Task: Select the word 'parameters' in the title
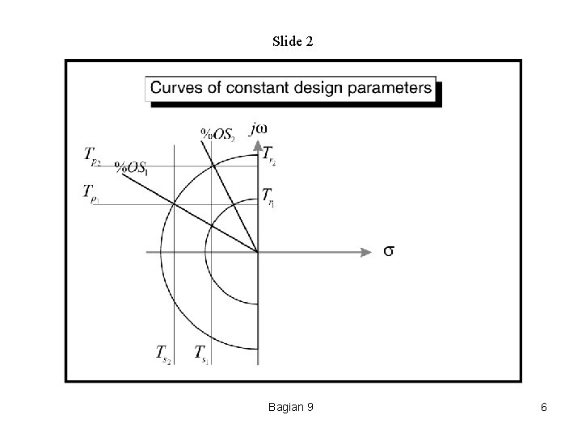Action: [x=394, y=88]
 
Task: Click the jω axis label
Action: [x=260, y=128]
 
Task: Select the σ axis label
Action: [x=388, y=251]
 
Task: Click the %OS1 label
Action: [x=131, y=167]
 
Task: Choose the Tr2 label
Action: [x=268, y=157]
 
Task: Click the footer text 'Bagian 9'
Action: [x=291, y=407]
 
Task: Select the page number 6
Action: [x=544, y=407]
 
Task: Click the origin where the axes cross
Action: [x=258, y=252]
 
